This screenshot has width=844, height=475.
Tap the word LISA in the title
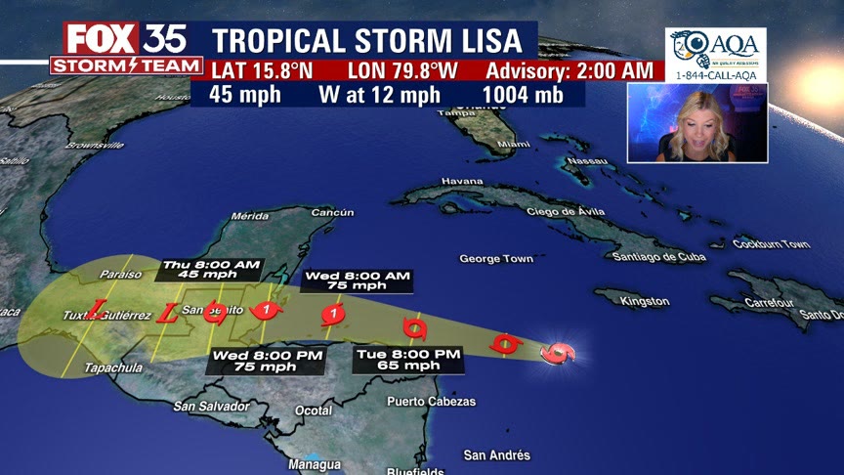[x=492, y=41]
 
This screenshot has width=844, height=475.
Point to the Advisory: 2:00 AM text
[x=569, y=70]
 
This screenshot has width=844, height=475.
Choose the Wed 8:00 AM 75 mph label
[x=357, y=281]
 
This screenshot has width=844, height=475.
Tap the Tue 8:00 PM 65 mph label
[x=407, y=359]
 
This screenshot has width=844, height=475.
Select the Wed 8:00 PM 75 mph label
[x=265, y=360]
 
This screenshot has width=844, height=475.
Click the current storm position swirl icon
[x=558, y=353]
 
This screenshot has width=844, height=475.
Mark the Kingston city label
[x=645, y=302]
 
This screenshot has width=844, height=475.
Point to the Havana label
[x=462, y=181]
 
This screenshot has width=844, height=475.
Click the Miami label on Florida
[x=513, y=145]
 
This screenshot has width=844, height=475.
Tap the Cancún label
[x=332, y=212]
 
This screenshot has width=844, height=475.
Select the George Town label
[x=496, y=259]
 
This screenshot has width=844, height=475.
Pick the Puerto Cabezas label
[x=431, y=402]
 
